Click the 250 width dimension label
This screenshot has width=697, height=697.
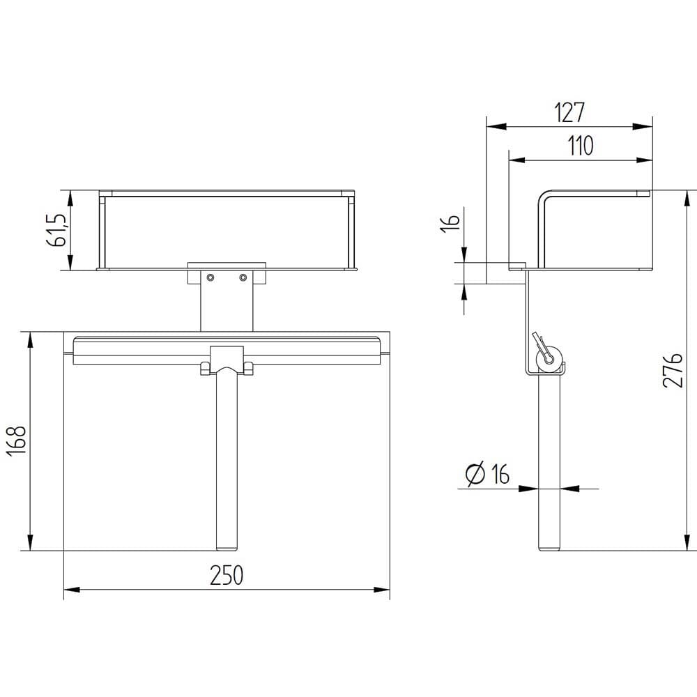point(227,575)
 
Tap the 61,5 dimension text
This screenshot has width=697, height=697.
point(56,230)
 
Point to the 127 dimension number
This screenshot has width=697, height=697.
point(569,112)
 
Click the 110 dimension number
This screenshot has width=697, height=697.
point(581,146)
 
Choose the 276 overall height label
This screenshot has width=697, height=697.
point(672,371)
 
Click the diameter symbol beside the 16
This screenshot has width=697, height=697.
point(475,473)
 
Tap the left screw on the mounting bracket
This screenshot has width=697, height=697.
point(210,277)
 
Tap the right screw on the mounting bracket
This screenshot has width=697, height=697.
point(243,277)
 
